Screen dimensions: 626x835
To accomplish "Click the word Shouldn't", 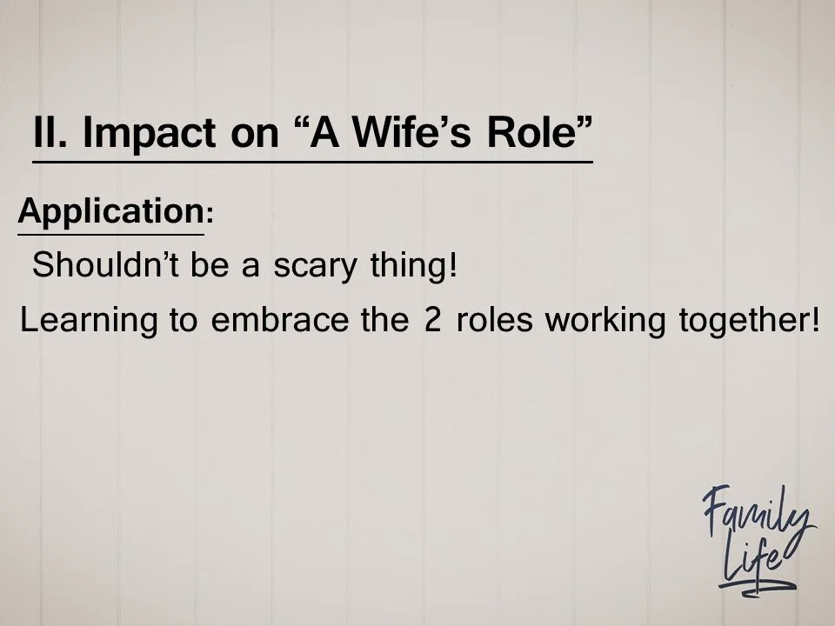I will (x=103, y=265).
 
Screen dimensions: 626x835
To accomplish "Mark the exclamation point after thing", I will (x=451, y=265).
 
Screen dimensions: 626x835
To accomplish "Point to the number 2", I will (x=432, y=321).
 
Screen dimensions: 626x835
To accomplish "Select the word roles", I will (x=495, y=321).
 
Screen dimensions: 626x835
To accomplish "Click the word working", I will (x=605, y=323).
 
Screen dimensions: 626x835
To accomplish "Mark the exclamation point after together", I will (x=814, y=321).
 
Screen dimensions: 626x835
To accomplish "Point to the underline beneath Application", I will (x=110, y=234).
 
